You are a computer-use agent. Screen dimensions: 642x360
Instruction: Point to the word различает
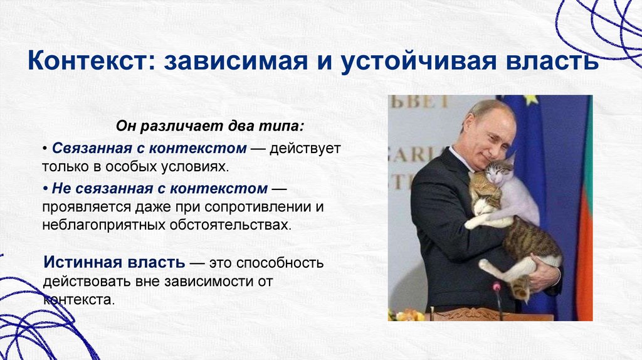pos(177,126)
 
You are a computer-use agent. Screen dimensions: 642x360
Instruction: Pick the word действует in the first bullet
pos(305,149)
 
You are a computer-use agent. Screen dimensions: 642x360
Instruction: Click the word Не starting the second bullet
pos(62,188)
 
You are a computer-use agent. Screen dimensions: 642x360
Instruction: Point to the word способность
pos(280,263)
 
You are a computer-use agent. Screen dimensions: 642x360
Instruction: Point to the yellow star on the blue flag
pos(530,98)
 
